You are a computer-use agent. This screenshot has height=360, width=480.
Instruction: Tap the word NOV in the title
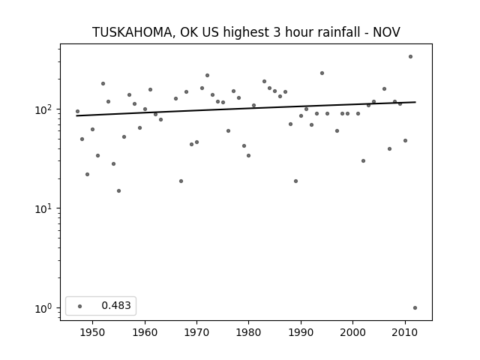pyautogui.click(x=386, y=32)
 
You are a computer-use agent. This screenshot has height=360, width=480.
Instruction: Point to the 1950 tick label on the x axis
pyautogui.click(x=92, y=332)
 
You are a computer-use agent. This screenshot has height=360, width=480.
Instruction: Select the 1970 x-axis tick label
pyautogui.click(x=196, y=332)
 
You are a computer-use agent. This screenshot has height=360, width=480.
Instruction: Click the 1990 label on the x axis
pyautogui.click(x=301, y=332)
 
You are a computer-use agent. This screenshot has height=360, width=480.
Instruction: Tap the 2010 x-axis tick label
pyautogui.click(x=405, y=332)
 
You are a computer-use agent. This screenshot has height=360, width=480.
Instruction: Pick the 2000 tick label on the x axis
pyautogui.click(x=353, y=332)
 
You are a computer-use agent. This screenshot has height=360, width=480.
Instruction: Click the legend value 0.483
pyautogui.click(x=116, y=305)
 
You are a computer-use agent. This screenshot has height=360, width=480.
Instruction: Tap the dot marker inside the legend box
pyautogui.click(x=80, y=306)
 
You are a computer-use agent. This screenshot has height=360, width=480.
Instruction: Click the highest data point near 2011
pyautogui.click(x=410, y=57)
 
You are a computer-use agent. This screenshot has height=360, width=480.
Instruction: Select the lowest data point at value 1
pyautogui.click(x=415, y=308)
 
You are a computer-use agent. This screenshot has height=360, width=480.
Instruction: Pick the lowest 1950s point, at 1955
pyautogui.click(x=118, y=191)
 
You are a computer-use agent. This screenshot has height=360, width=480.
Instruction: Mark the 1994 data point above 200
pyautogui.click(x=322, y=73)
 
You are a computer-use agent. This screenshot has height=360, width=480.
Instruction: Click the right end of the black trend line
pyautogui.click(x=415, y=102)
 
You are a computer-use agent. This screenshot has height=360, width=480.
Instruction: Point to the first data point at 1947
pyautogui.click(x=77, y=112)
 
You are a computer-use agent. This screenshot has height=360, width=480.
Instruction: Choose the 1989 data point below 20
pyautogui.click(x=295, y=181)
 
